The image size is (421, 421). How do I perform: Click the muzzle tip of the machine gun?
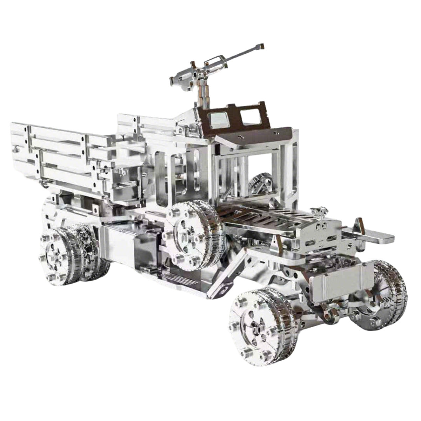pos(260,46)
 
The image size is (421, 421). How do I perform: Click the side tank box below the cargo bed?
pos(126,246)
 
